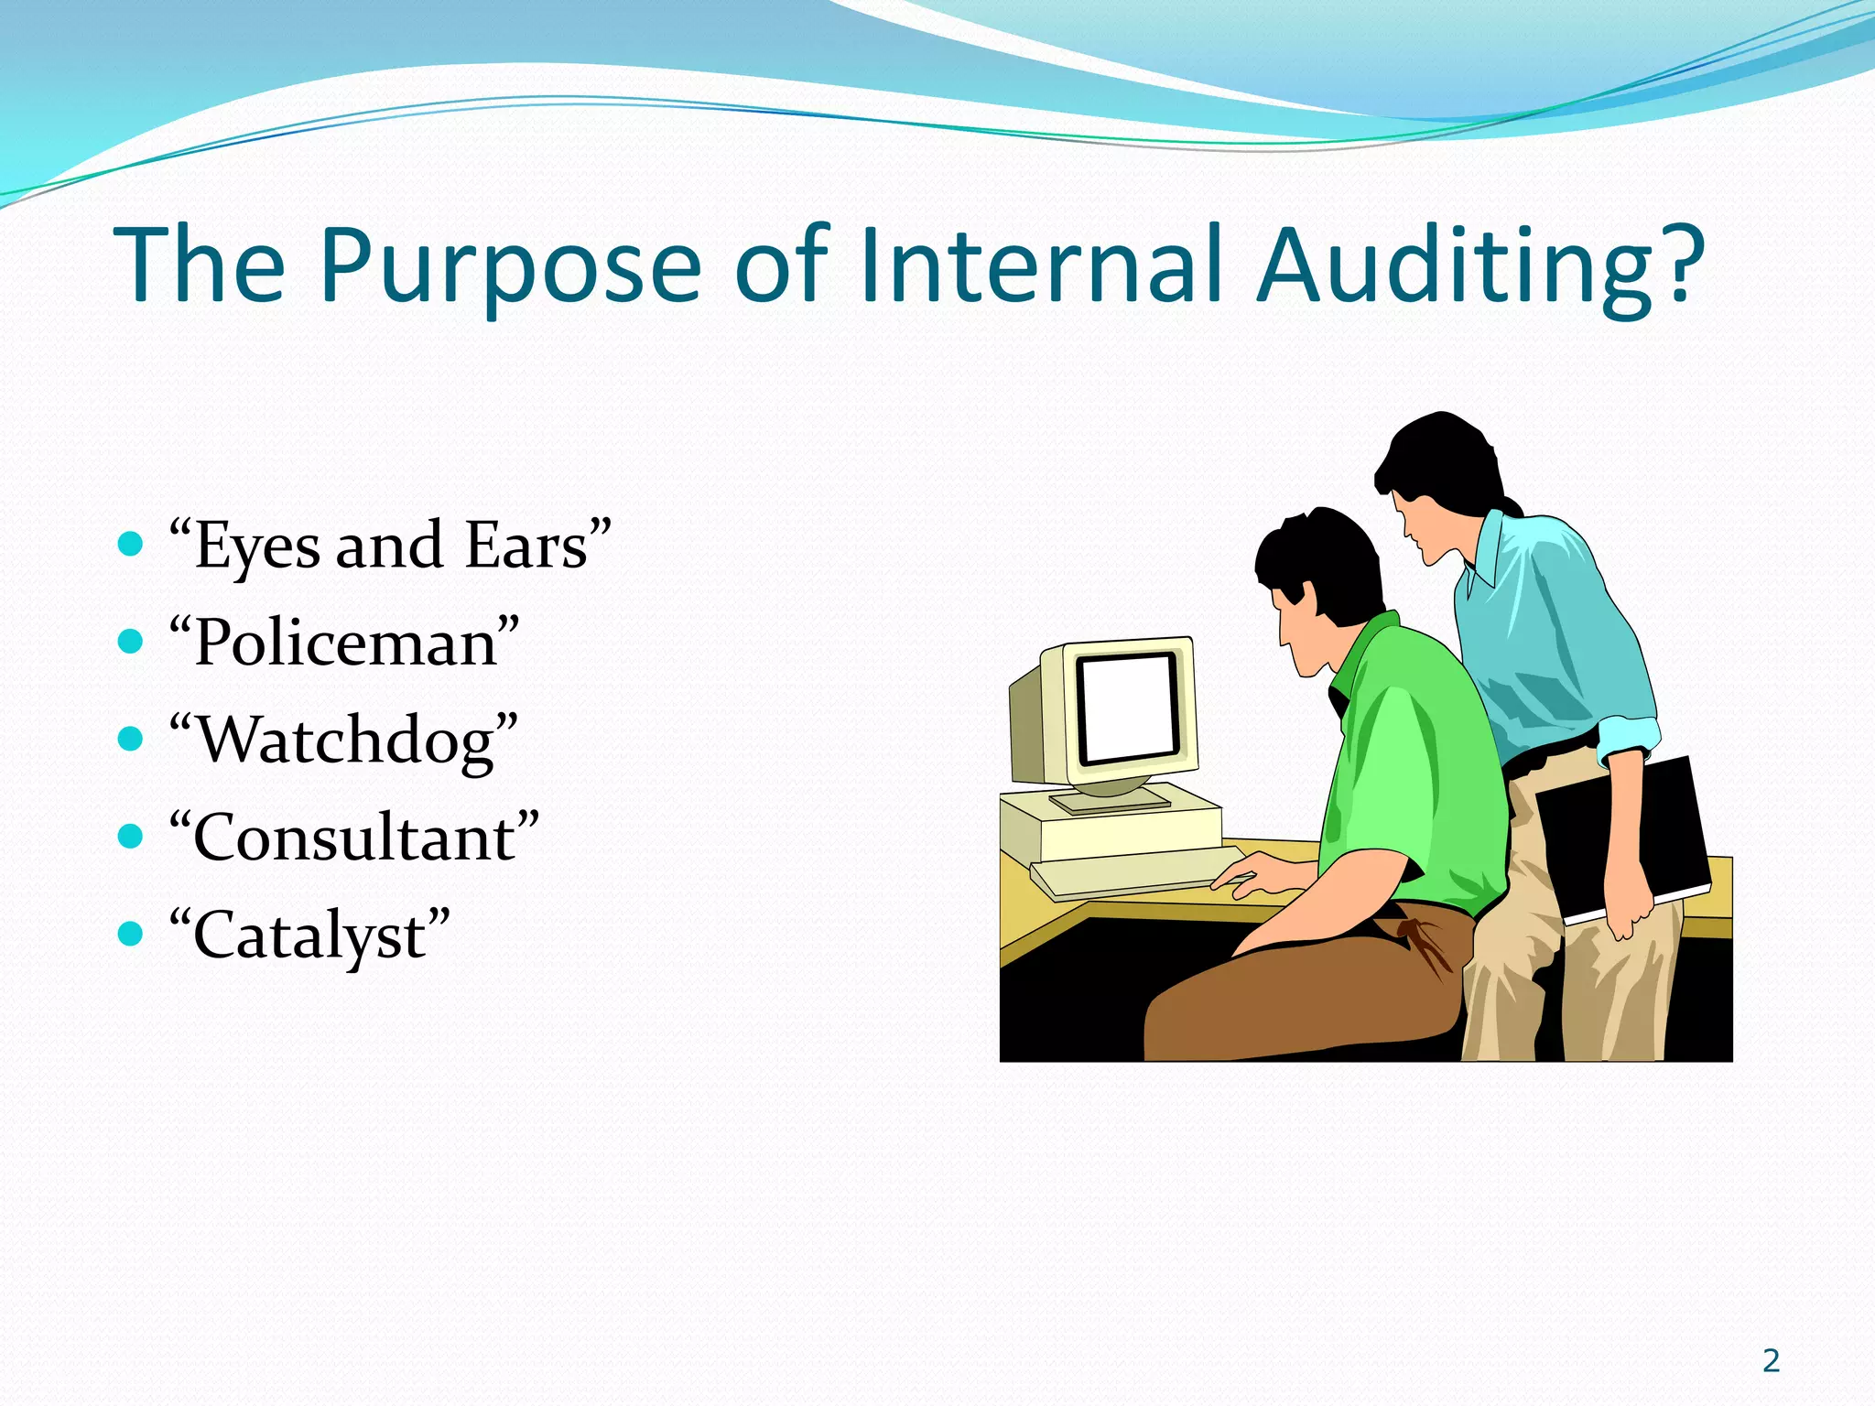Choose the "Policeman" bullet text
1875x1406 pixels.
coord(344,644)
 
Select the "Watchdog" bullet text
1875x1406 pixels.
coord(344,741)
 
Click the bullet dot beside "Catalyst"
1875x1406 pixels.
coord(131,934)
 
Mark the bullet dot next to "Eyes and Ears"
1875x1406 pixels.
coord(131,545)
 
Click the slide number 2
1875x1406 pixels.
coord(1771,1361)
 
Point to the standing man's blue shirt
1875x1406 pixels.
coord(1547,632)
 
